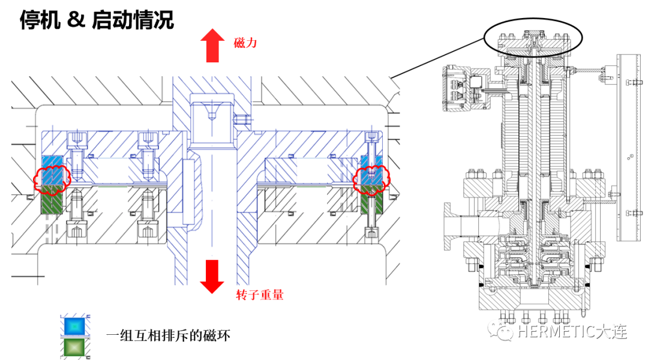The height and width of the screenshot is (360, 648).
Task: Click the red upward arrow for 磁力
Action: click(211, 47)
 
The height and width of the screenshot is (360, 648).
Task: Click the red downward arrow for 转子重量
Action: click(211, 276)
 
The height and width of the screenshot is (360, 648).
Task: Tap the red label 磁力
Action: click(245, 43)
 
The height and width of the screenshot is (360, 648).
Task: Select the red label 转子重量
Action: click(260, 295)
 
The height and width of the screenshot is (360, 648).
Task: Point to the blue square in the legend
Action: click(76, 324)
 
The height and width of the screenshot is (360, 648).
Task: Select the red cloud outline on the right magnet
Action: click(371, 176)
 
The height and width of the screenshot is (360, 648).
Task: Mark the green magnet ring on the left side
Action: click(52, 201)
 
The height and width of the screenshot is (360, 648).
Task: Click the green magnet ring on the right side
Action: click(371, 201)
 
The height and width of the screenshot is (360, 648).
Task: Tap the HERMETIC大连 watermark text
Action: click(572, 332)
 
